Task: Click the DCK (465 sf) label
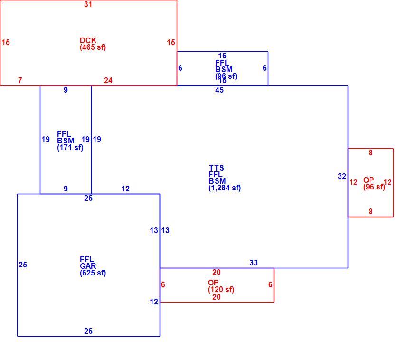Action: [93, 44]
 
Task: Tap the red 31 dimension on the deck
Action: [88, 5]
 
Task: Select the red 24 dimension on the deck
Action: [108, 80]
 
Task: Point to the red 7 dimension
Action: [20, 80]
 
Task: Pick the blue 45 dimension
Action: [219, 90]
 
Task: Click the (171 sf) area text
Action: [70, 147]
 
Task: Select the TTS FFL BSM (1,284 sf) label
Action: [225, 178]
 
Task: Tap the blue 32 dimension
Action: [342, 176]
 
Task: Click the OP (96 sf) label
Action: [374, 183]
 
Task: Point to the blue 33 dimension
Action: [254, 263]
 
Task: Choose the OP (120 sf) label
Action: [221, 286]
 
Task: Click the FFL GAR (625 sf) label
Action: [93, 266]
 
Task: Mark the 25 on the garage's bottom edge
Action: [88, 331]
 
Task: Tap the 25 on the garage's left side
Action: [23, 265]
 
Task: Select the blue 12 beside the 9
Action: [125, 189]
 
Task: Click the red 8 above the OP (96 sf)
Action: [370, 152]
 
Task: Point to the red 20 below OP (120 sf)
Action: [217, 297]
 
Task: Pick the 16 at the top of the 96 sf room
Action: [222, 56]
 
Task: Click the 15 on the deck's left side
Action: [6, 42]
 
